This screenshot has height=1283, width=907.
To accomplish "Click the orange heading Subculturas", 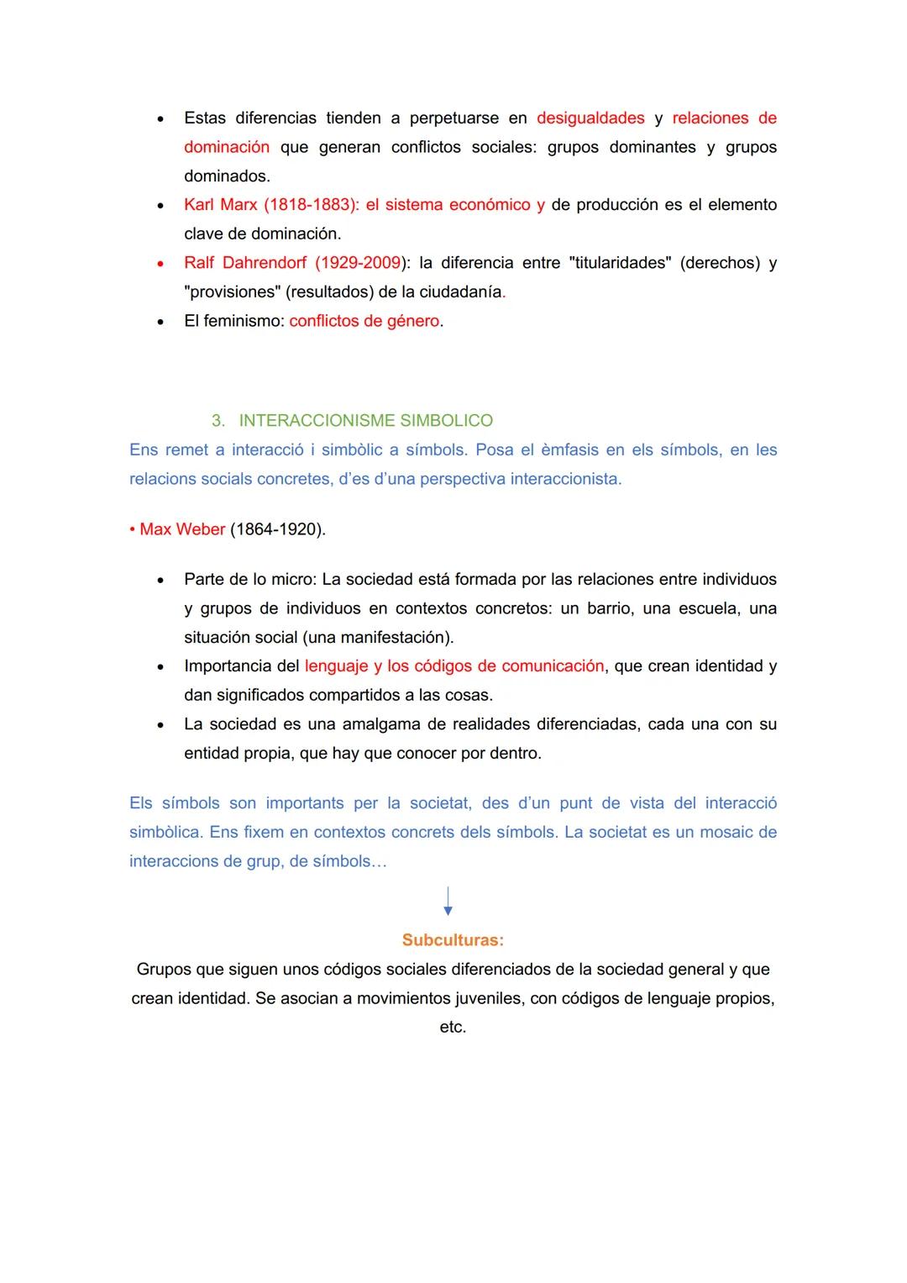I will (x=453, y=940).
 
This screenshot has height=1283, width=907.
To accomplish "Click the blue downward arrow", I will (x=448, y=901).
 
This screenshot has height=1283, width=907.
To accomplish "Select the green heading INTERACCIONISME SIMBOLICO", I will (x=365, y=420).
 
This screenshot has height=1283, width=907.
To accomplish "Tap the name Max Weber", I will (x=182, y=529).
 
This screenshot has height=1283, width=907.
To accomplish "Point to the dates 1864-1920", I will (x=277, y=529).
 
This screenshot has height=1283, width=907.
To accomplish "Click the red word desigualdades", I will (x=590, y=118).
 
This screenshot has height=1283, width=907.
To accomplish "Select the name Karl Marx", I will (x=220, y=205).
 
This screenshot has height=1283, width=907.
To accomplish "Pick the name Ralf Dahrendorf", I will (x=245, y=263).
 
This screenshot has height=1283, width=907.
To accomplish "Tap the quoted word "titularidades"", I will (x=620, y=263).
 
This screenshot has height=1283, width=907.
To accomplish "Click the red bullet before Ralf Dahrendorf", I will (x=160, y=264).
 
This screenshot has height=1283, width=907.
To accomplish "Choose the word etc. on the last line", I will (x=453, y=1028).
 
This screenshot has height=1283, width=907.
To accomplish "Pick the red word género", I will (x=412, y=321).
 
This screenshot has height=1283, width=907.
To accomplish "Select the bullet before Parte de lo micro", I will (x=160, y=580).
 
